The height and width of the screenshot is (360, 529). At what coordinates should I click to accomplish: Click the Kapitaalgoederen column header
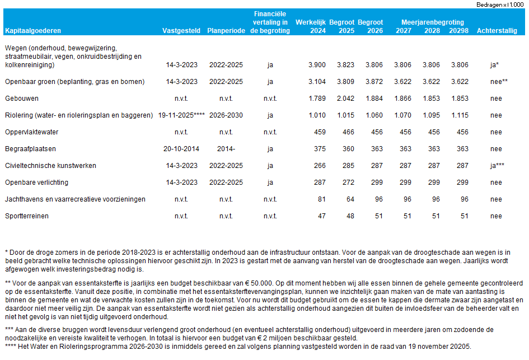click(33, 31)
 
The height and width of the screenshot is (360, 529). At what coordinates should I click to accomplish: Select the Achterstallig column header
click(497, 31)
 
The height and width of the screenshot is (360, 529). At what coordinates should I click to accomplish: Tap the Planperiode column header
click(226, 31)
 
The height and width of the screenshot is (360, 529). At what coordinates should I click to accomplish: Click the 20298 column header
click(459, 31)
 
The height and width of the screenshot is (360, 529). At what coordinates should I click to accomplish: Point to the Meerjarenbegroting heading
click(432, 22)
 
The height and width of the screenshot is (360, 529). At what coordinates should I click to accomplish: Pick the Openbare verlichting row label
click(36, 183)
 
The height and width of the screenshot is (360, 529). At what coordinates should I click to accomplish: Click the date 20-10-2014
click(180, 149)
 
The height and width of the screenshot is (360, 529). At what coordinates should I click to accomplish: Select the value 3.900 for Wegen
click(317, 65)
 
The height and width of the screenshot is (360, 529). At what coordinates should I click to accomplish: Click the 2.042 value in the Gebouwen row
click(345, 99)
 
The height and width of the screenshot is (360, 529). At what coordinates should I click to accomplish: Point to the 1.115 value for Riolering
click(459, 115)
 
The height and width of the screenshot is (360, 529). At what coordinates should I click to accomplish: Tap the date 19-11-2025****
click(181, 115)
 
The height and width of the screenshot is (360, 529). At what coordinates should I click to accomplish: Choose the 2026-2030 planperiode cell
click(226, 115)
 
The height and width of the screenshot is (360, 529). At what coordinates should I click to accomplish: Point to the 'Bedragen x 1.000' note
click(500, 4)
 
